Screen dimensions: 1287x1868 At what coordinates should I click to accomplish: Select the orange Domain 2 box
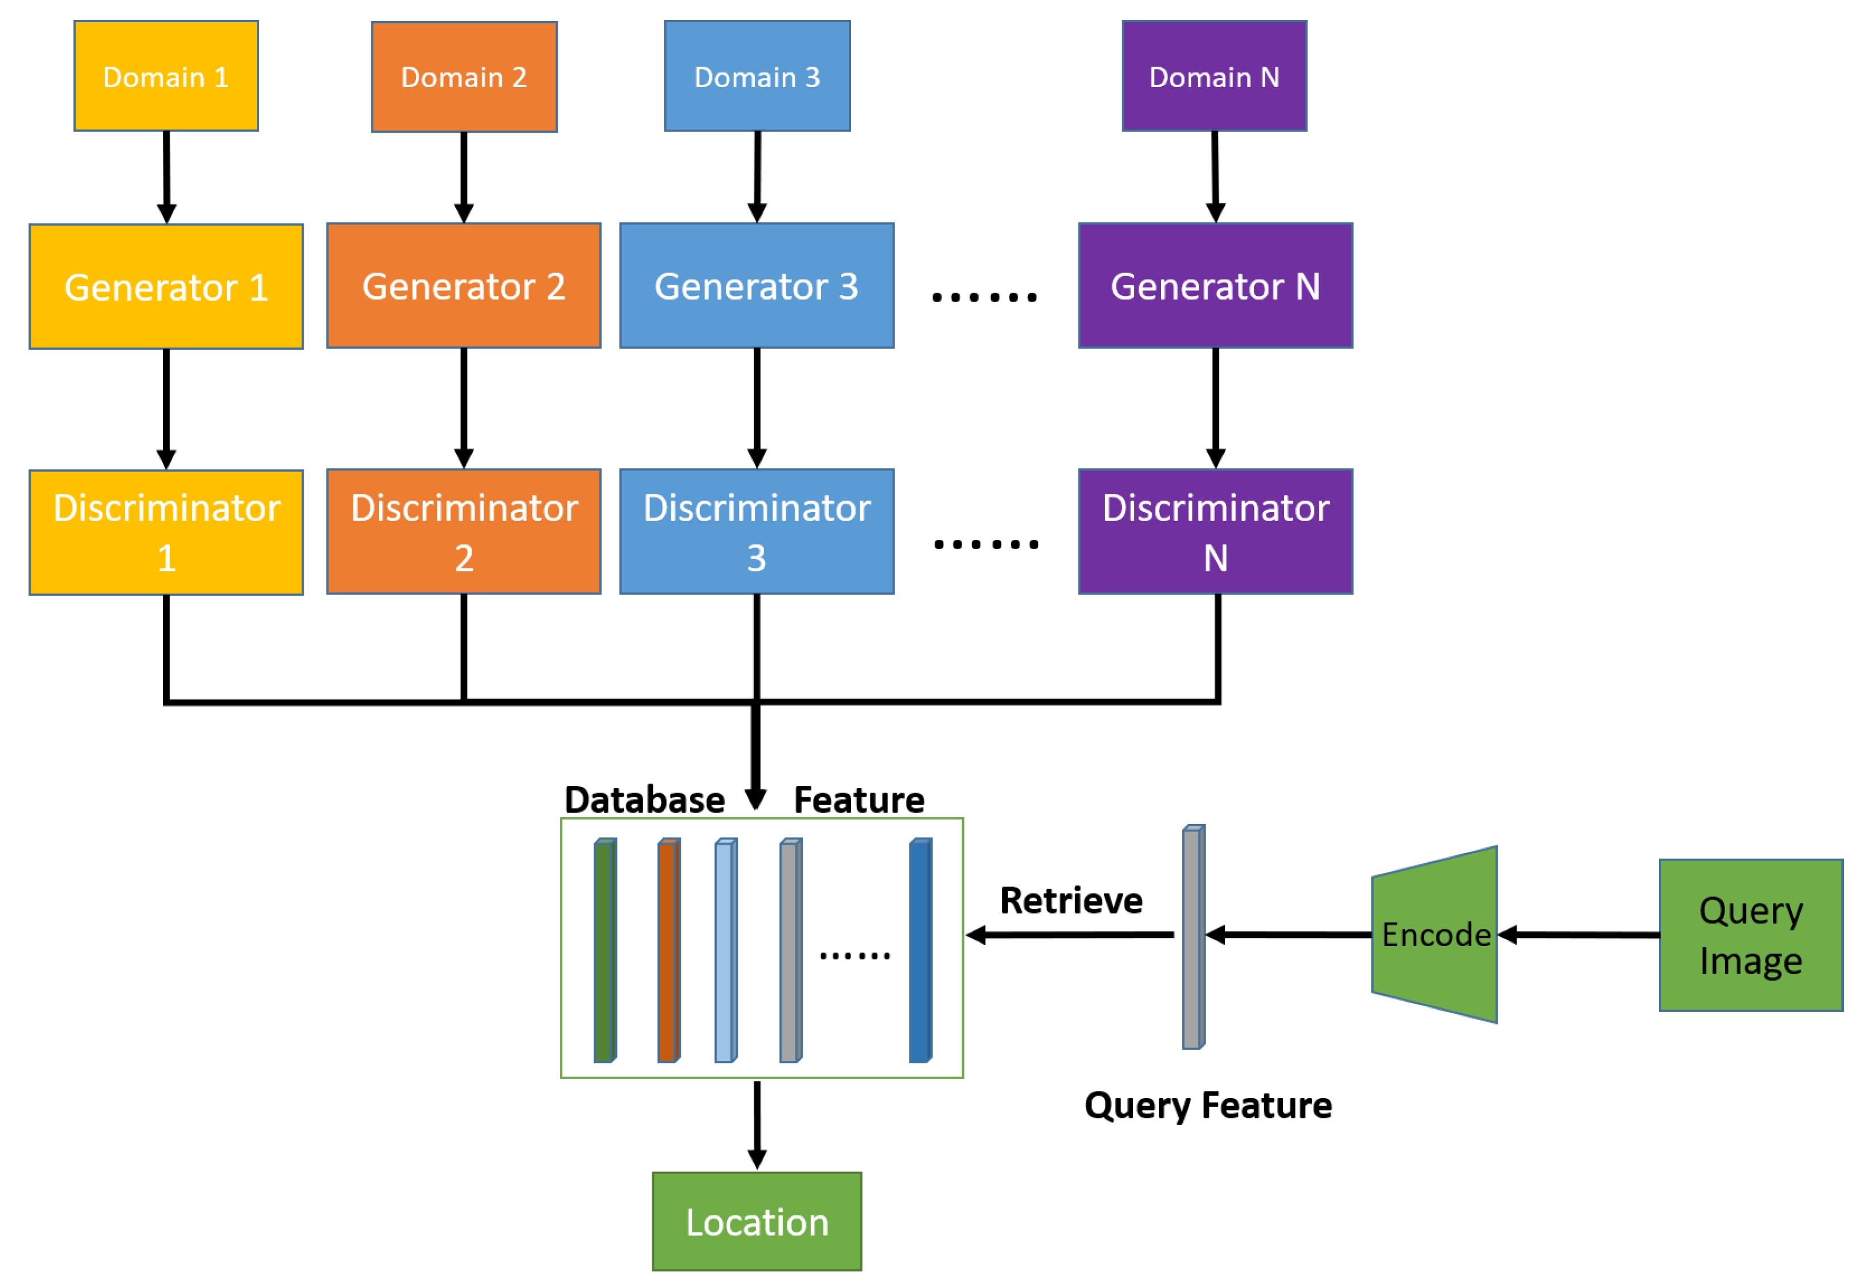[x=464, y=77]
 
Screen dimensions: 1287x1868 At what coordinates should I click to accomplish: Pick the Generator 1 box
[x=166, y=286]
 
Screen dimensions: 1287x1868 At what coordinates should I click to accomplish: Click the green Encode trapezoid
[x=1435, y=934]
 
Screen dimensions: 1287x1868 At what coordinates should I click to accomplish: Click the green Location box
[x=757, y=1221]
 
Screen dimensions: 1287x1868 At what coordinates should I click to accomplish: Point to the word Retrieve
[x=1070, y=900]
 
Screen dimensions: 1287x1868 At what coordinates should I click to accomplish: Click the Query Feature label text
[x=1207, y=1105]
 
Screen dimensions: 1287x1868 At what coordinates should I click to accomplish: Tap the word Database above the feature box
[x=644, y=800]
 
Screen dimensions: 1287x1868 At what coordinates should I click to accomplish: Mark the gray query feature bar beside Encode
[x=1193, y=937]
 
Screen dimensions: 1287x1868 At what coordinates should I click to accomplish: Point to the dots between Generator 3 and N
[x=984, y=297]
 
